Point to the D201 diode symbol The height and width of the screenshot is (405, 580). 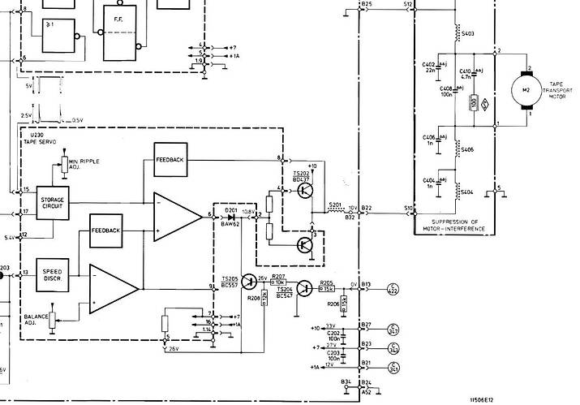tap(233, 217)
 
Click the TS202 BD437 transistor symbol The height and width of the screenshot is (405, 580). tap(304, 190)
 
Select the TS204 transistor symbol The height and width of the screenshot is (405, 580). tap(303, 287)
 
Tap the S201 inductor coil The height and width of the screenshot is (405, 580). tap(334, 211)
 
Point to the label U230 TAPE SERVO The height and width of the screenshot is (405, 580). tap(40, 140)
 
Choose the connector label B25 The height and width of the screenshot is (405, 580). tap(367, 5)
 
